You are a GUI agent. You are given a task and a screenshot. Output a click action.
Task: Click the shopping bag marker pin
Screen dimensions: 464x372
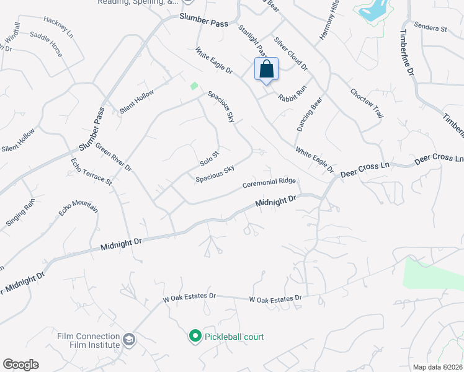[266, 69]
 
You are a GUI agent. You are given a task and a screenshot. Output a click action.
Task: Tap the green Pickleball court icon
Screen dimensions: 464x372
[195, 337]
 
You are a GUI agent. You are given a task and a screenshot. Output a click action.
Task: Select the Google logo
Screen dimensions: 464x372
[20, 365]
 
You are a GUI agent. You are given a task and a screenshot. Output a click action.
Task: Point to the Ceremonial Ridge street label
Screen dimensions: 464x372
[269, 184]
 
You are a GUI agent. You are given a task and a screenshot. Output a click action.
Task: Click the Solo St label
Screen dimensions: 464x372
[210, 158]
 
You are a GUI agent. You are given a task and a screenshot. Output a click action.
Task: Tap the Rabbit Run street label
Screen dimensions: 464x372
[292, 94]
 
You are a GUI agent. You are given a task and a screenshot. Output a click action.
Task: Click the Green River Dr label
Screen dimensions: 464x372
[113, 157]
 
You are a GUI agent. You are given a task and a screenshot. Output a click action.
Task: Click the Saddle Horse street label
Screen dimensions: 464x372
[46, 45]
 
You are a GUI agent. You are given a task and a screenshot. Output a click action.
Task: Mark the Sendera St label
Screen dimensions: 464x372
[431, 29]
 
